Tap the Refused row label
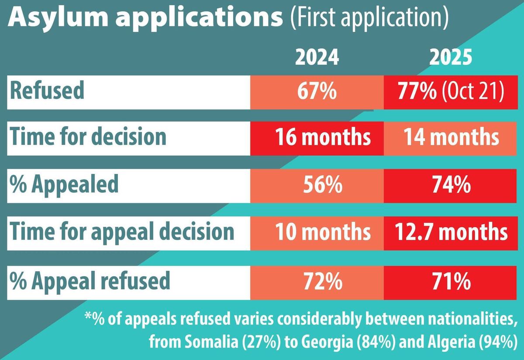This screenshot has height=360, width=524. [x=47, y=92]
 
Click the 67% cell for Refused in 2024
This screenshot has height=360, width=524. [x=317, y=92]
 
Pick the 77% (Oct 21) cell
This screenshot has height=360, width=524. [x=450, y=92]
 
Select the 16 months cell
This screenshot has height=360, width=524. [x=317, y=138]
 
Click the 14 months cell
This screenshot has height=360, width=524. [x=450, y=138]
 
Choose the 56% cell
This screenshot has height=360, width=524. [x=317, y=186]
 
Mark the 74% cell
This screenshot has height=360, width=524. [x=450, y=186]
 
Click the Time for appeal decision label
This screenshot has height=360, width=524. [x=122, y=232]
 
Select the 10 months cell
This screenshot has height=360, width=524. [x=317, y=233]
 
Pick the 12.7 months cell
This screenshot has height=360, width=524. [x=450, y=233]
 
